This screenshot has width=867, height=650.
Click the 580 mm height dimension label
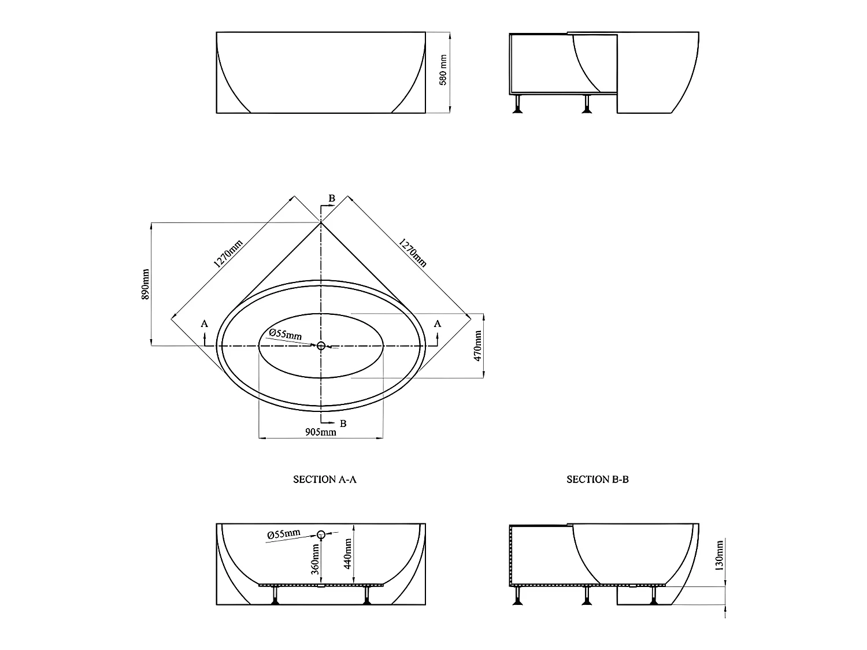[443, 70]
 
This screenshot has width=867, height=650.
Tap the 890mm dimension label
[146, 284]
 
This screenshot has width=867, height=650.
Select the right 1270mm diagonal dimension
[413, 253]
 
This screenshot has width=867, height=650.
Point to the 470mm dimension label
[478, 346]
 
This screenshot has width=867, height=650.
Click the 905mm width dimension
[321, 432]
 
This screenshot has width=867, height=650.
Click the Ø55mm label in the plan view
[286, 334]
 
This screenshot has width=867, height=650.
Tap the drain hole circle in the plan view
[321, 346]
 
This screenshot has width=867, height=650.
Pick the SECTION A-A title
[325, 479]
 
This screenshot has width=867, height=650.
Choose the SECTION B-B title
[598, 479]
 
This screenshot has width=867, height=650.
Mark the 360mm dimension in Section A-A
[316, 558]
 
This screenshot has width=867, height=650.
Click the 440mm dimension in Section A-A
[347, 553]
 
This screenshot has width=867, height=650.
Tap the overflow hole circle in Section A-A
[321, 534]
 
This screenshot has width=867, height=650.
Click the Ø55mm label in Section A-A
[284, 534]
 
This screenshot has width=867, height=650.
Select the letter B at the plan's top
[332, 198]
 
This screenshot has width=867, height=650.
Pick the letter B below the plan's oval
[343, 423]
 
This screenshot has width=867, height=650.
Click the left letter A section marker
[204, 324]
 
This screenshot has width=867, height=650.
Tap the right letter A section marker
[438, 324]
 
